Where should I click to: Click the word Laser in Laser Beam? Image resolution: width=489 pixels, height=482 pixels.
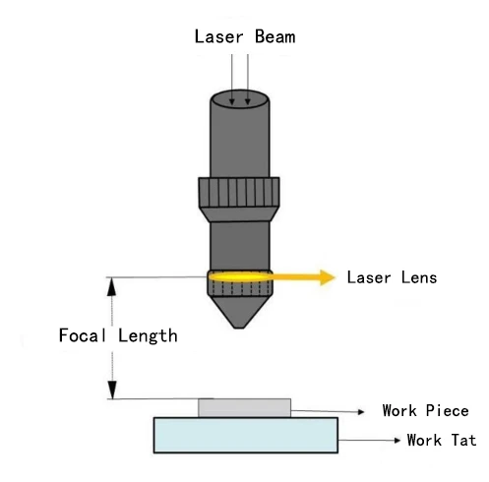pyautogui.click(x=219, y=37)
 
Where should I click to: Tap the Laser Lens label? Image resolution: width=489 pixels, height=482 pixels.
pyautogui.click(x=392, y=277)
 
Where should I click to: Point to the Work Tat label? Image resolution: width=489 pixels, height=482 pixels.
pyautogui.click(x=441, y=440)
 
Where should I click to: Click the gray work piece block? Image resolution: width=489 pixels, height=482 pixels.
pyautogui.click(x=244, y=407)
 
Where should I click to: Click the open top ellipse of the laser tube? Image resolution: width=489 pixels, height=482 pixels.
pyautogui.click(x=240, y=98)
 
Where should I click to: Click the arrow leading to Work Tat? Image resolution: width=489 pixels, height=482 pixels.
pyautogui.click(x=371, y=440)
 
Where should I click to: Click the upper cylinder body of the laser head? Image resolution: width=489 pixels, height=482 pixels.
pyautogui.click(x=240, y=138)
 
